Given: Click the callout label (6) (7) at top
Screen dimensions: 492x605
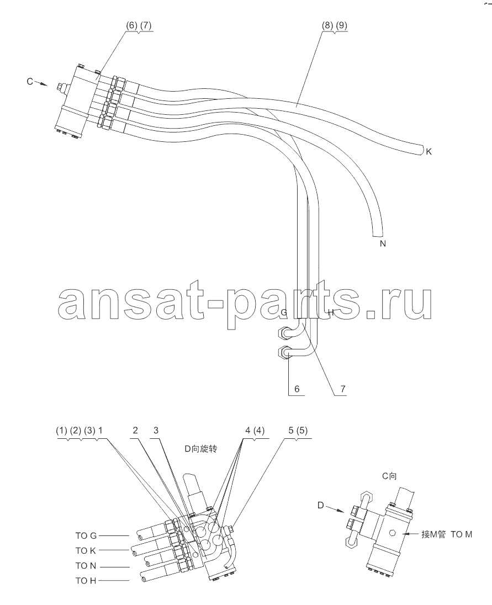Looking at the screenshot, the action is tap(139, 25).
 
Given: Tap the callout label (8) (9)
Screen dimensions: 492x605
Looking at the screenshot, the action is tap(335, 25).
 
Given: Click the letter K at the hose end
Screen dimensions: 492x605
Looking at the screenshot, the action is tap(428, 152).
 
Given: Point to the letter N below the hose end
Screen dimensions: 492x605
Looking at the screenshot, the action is tap(383, 243).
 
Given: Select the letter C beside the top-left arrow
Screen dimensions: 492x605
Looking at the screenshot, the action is tap(30, 81).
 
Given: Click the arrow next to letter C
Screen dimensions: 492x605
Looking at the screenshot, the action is tap(41, 83).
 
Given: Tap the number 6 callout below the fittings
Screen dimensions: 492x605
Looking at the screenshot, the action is tap(297, 389).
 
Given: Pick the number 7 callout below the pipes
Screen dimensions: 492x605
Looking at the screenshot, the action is tap(343, 389).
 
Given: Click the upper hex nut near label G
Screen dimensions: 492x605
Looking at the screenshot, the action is tap(283, 332).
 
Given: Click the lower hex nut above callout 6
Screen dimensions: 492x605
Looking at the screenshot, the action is tap(284, 353).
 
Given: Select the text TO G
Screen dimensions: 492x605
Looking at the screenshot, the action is tap(86, 535).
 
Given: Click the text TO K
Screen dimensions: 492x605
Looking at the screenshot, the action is tap(86, 550).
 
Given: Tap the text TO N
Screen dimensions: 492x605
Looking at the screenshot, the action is tap(86, 566).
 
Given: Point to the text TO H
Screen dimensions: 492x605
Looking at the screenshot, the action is tap(86, 581).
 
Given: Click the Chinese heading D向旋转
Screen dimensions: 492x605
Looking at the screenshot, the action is tap(200, 449).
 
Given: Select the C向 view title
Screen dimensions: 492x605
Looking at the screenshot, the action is tap(389, 476).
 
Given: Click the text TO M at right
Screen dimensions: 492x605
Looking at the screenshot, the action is tap(462, 534).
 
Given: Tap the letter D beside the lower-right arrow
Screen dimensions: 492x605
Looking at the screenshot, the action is tap(320, 506).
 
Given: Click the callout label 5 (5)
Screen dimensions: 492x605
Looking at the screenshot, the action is tap(298, 430).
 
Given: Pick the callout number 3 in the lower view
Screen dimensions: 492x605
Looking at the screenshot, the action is tap(156, 430).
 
